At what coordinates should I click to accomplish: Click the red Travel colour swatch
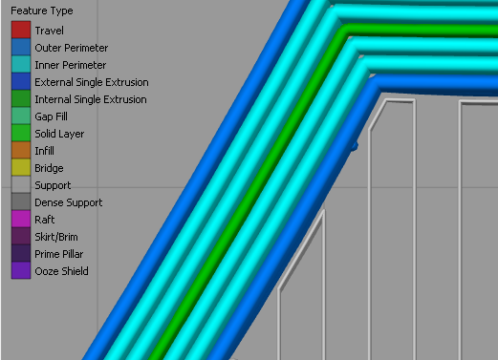coord(21,30)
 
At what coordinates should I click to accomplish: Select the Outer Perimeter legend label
coord(72,48)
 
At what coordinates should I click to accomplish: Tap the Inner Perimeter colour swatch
coord(21,64)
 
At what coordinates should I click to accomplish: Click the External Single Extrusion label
coord(92,82)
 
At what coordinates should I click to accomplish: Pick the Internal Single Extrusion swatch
coord(21,98)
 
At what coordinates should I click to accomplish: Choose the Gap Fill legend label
coord(51,116)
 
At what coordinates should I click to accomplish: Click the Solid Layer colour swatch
coord(21,133)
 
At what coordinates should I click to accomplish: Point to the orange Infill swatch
coord(21,150)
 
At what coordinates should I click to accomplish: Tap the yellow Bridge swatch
coord(21,167)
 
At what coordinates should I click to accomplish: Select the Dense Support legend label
coord(69,202)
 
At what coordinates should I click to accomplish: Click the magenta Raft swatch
coord(21,219)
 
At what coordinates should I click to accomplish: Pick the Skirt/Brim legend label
coord(56,237)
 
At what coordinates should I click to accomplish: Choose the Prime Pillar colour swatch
coord(21,253)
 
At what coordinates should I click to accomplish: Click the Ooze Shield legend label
coord(61,271)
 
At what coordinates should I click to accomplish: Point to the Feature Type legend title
coord(42,11)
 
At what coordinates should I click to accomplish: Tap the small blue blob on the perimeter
coord(355,146)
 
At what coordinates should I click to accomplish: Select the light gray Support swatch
coord(21,184)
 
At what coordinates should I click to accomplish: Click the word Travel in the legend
coord(50,31)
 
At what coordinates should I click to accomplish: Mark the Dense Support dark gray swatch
coord(21,201)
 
